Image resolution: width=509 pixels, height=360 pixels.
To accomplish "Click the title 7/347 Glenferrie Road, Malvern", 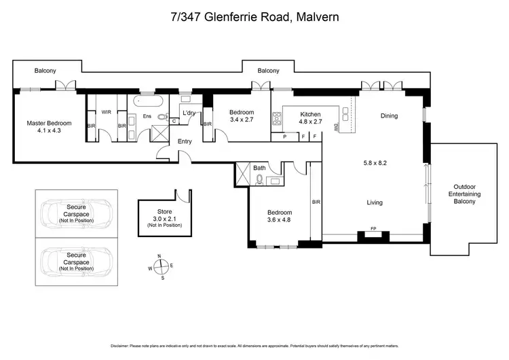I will pyautogui.click(x=254, y=16).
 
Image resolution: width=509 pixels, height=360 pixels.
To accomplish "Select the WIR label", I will pyautogui.click(x=106, y=112).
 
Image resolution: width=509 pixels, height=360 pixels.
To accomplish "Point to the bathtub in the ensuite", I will pyautogui.click(x=147, y=101).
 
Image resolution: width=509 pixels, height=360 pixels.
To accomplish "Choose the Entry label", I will pyautogui.click(x=185, y=141).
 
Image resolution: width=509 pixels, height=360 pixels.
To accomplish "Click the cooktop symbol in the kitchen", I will pyautogui.click(x=277, y=119).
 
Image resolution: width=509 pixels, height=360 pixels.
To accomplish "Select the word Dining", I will pyautogui.click(x=389, y=115).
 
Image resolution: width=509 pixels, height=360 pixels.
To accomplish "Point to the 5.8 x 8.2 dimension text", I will pyautogui.click(x=375, y=163).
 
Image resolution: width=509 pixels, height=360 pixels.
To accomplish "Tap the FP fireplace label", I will pyautogui.click(x=373, y=228).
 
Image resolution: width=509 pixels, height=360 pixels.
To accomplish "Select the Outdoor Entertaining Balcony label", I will pyautogui.click(x=468, y=194).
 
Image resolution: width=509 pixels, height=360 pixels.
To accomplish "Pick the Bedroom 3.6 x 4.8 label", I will pyautogui.click(x=278, y=216).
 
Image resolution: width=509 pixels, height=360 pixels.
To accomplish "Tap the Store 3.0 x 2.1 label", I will pyautogui.click(x=164, y=217).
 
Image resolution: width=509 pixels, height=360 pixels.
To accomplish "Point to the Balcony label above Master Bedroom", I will pyautogui.click(x=46, y=70).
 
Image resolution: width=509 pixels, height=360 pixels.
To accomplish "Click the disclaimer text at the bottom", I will pyautogui.click(x=254, y=345).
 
